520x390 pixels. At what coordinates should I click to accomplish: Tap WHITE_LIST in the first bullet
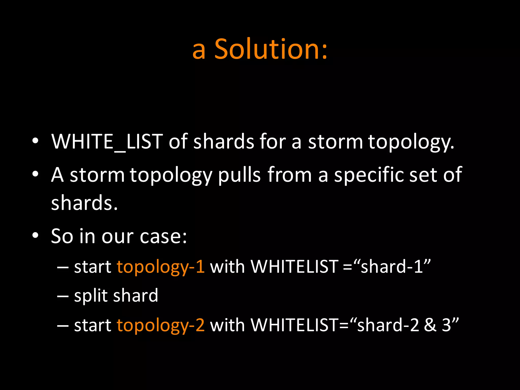click(x=107, y=141)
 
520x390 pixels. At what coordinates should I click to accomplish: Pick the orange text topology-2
click(x=160, y=325)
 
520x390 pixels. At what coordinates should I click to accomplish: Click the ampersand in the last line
click(x=430, y=325)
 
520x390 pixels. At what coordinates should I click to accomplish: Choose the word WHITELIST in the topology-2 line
click(x=294, y=325)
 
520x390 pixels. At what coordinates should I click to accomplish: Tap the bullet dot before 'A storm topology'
click(x=35, y=174)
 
